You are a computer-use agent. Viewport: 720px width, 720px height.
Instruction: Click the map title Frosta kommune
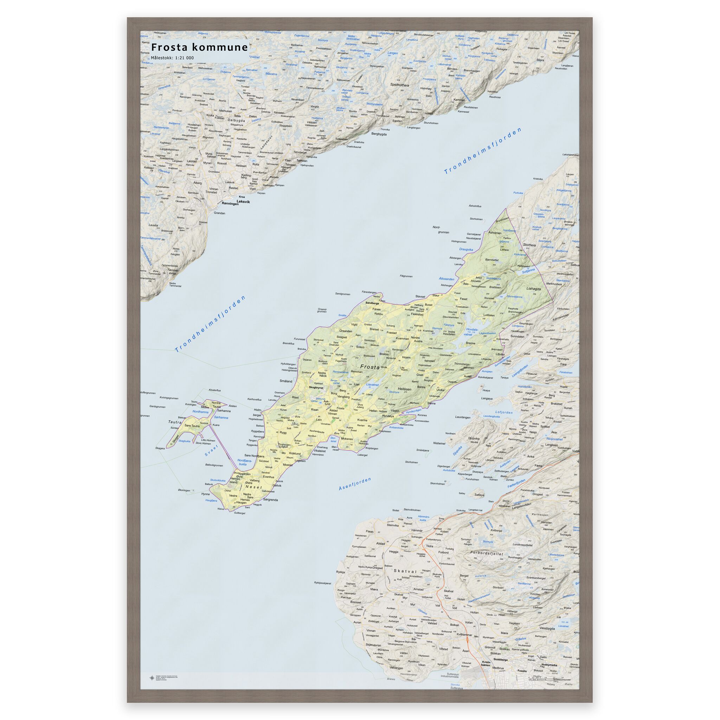pyautogui.click(x=199, y=47)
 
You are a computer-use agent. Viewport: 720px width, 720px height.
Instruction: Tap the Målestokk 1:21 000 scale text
pyautogui.click(x=172, y=58)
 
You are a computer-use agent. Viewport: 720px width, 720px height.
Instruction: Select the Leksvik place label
pyautogui.click(x=243, y=201)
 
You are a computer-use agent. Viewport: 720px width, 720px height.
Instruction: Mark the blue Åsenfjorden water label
pyautogui.click(x=355, y=484)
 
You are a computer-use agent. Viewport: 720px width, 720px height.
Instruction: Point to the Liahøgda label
pyautogui.click(x=533, y=288)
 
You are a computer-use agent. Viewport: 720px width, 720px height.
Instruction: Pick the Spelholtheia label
pyautogui.click(x=399, y=85)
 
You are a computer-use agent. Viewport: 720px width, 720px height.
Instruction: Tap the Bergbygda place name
pyautogui.click(x=379, y=134)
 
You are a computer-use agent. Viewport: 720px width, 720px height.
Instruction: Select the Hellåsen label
pyautogui.click(x=405, y=389)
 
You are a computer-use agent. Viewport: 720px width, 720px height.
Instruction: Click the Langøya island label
pyautogui.click(x=487, y=398)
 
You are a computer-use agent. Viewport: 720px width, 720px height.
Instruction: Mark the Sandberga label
pyautogui.click(x=372, y=303)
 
